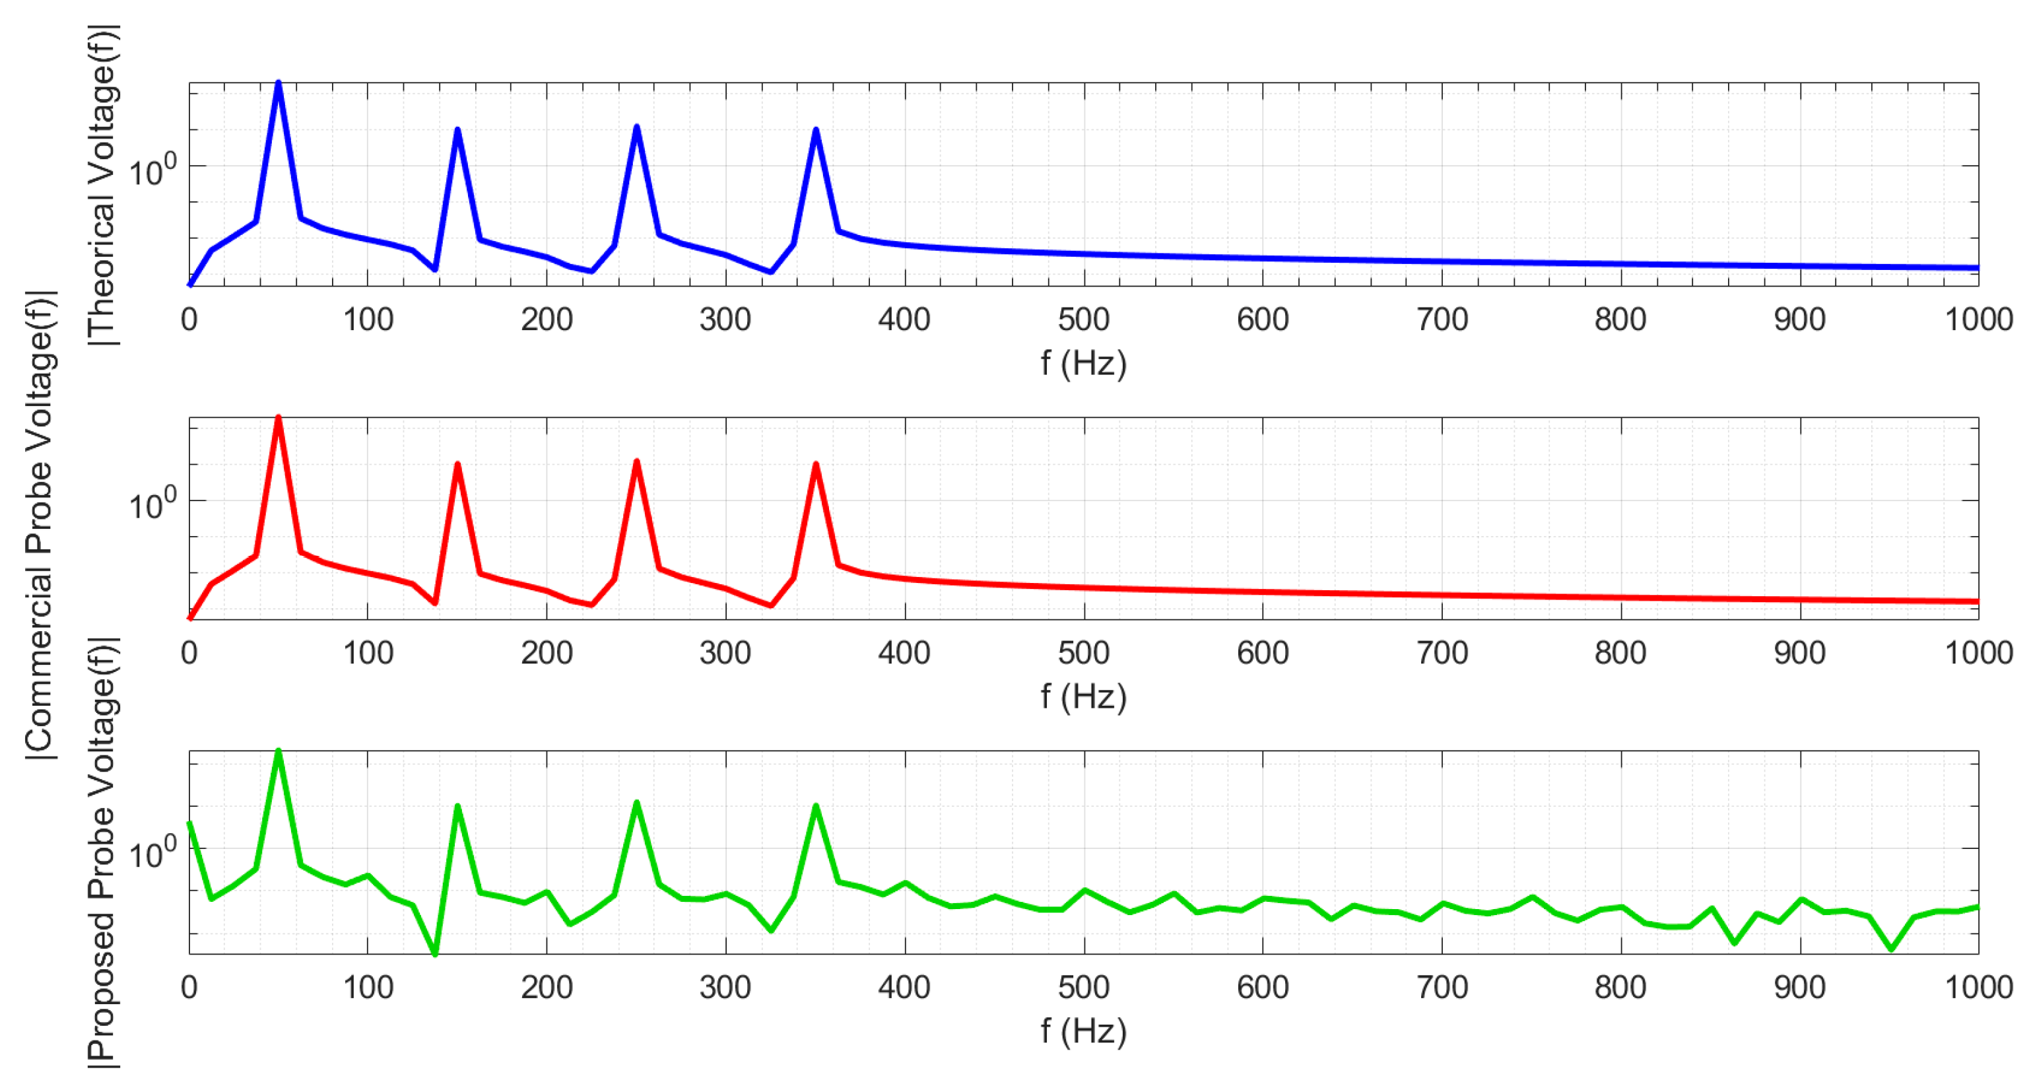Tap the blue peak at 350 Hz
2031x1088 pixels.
816,130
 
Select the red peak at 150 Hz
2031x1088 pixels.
457,465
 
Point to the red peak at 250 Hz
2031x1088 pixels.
636,462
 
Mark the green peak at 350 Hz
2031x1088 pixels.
816,807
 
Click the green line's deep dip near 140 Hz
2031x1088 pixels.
435,953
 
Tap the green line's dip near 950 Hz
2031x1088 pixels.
1890,949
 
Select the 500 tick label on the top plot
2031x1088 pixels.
1083,320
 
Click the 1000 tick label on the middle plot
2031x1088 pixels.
1978,653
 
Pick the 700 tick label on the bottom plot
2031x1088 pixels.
1442,987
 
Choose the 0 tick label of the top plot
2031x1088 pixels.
189,320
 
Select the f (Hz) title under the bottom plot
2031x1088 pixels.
1083,1031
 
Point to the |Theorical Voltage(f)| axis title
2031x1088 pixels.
102,186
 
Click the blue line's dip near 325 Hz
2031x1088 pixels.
770,272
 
